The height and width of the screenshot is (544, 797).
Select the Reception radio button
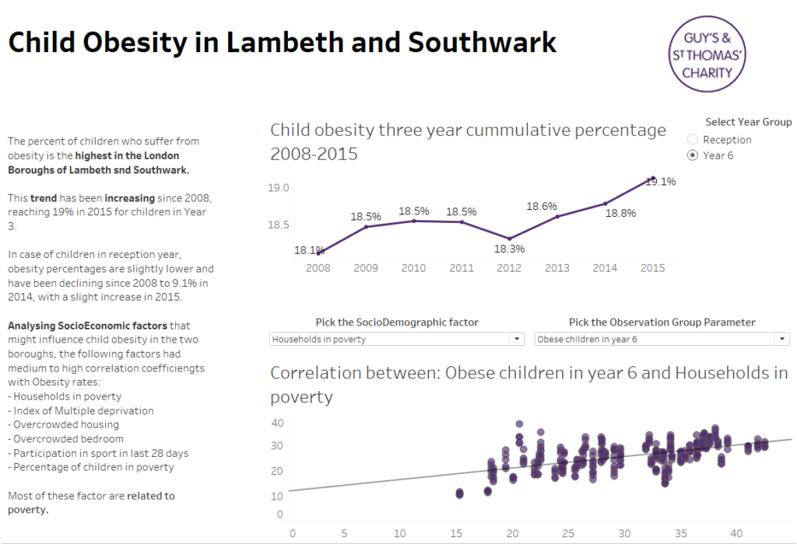pos(693,140)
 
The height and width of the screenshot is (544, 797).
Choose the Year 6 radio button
pos(693,155)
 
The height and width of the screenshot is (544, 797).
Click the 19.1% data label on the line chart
pos(661,182)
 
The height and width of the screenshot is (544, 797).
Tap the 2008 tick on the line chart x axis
pos(318,268)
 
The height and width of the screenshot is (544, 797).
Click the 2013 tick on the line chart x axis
pos(556,268)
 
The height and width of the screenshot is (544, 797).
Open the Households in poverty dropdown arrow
pos(517,340)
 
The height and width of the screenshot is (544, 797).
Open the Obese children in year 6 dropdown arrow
pos(781,340)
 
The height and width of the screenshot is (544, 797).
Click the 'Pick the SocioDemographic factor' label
pos(397,323)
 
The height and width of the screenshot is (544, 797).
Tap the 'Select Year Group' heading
pos(748,122)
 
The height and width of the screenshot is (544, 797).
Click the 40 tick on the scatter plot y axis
pos(278,423)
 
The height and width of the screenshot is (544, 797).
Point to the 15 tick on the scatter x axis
pos(456,534)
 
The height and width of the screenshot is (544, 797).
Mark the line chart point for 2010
pos(414,221)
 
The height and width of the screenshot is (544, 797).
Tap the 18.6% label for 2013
pos(542,207)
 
